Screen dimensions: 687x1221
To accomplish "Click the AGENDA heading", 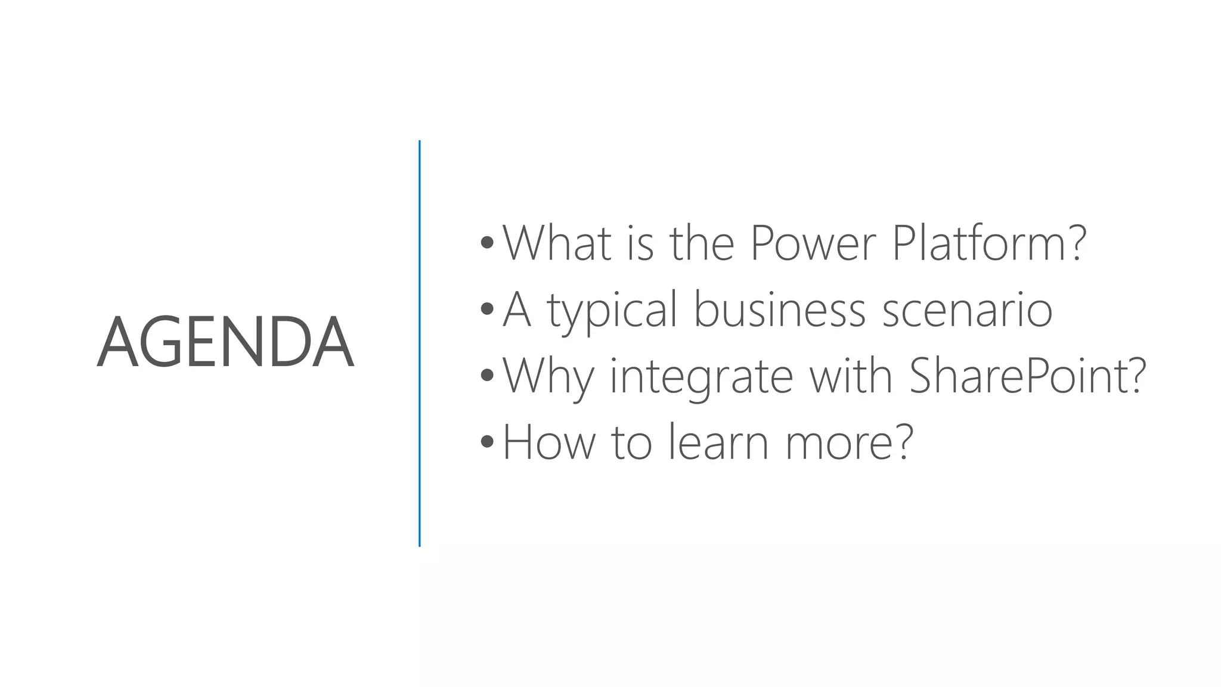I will point(225,343).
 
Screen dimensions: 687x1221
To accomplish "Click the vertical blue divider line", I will point(420,343).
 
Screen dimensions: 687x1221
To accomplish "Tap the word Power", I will point(813,243).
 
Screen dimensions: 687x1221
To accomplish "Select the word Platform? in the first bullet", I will point(989,243).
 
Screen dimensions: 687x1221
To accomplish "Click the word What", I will point(557,243).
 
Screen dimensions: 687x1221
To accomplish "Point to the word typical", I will point(612,311).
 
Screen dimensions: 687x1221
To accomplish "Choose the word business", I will point(779,310).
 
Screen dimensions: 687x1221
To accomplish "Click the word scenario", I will point(967,311).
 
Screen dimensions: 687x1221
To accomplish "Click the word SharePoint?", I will point(1027,376).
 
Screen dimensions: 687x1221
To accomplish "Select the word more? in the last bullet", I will point(849,442).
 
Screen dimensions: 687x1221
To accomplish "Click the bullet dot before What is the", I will point(487,243).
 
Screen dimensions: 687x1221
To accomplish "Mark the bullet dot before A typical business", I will point(487,309).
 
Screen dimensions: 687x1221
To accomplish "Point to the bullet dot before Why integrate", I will point(487,375).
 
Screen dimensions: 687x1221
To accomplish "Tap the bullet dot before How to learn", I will point(487,441).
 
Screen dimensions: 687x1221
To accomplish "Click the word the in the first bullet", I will point(701,243).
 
